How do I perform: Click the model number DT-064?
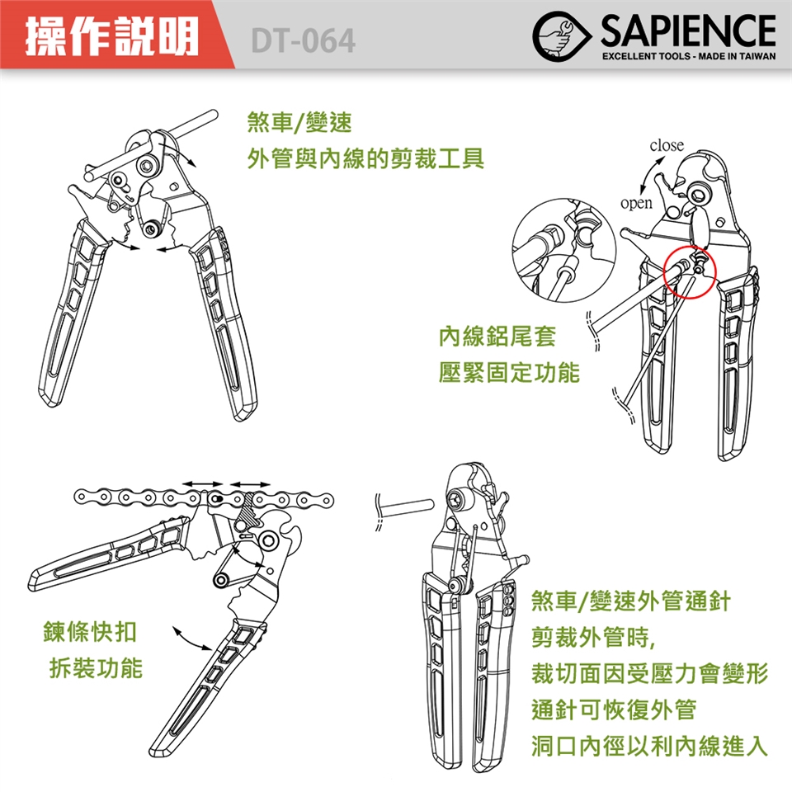(303, 40)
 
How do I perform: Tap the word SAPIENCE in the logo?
(688, 31)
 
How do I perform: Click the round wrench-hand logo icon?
(561, 36)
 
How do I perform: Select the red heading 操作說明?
(111, 36)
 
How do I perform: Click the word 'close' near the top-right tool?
(667, 145)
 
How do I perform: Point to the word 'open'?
(636, 203)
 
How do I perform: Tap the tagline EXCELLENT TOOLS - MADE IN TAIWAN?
(688, 56)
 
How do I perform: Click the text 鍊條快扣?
(90, 631)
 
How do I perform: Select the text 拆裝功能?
(96, 667)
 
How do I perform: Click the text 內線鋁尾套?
(497, 337)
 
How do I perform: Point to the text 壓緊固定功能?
(509, 373)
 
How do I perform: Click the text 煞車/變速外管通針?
(631, 601)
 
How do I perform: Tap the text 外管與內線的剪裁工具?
(365, 158)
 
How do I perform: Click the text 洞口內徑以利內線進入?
(649, 746)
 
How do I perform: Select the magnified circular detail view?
(564, 251)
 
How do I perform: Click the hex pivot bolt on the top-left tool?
(147, 166)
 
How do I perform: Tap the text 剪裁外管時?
(593, 638)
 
